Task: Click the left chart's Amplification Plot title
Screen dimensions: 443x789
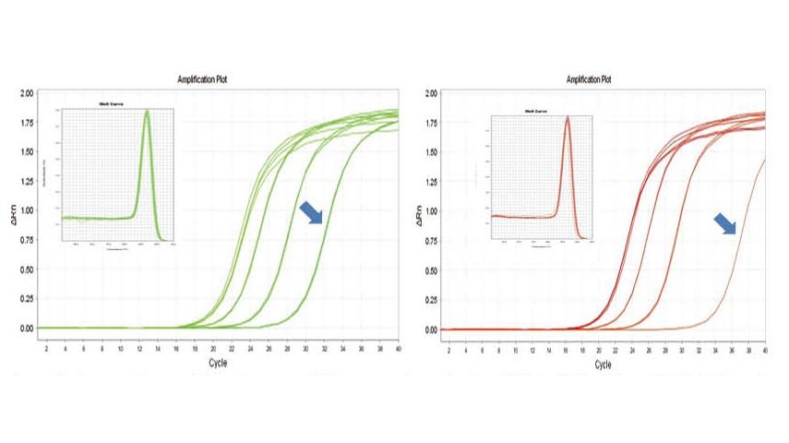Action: (x=202, y=79)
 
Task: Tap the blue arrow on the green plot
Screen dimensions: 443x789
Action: (x=312, y=212)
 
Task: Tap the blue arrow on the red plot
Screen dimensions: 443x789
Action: (x=727, y=225)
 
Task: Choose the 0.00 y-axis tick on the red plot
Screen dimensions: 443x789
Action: (x=430, y=329)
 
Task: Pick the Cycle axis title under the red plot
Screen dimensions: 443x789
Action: (x=602, y=365)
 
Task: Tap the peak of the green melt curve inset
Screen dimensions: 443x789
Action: (x=147, y=112)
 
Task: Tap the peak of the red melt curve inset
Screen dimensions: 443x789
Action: (x=568, y=117)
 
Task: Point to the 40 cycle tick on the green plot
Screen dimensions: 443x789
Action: (x=398, y=348)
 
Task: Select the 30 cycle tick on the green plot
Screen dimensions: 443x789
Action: (x=305, y=348)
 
